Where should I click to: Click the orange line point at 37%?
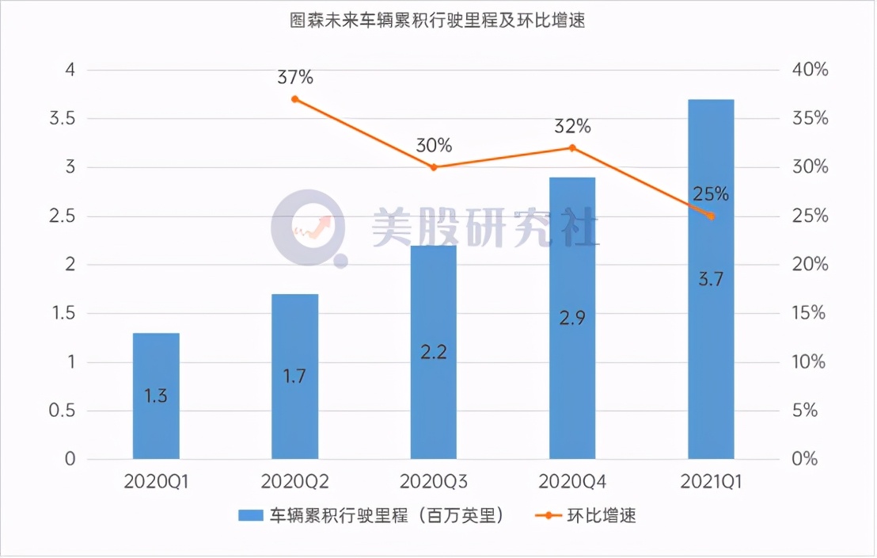coord(295,99)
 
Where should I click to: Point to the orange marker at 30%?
coord(434,167)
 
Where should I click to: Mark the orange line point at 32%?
coord(572,147)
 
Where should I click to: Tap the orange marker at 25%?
coord(711,216)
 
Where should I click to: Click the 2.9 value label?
coord(572,318)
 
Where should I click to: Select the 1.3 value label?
coord(156,396)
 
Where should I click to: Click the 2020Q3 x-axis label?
coord(434,482)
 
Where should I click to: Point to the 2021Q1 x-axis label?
coord(711,482)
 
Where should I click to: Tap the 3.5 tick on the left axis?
coord(63,119)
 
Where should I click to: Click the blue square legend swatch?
coord(251,516)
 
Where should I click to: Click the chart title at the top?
coord(438,21)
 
